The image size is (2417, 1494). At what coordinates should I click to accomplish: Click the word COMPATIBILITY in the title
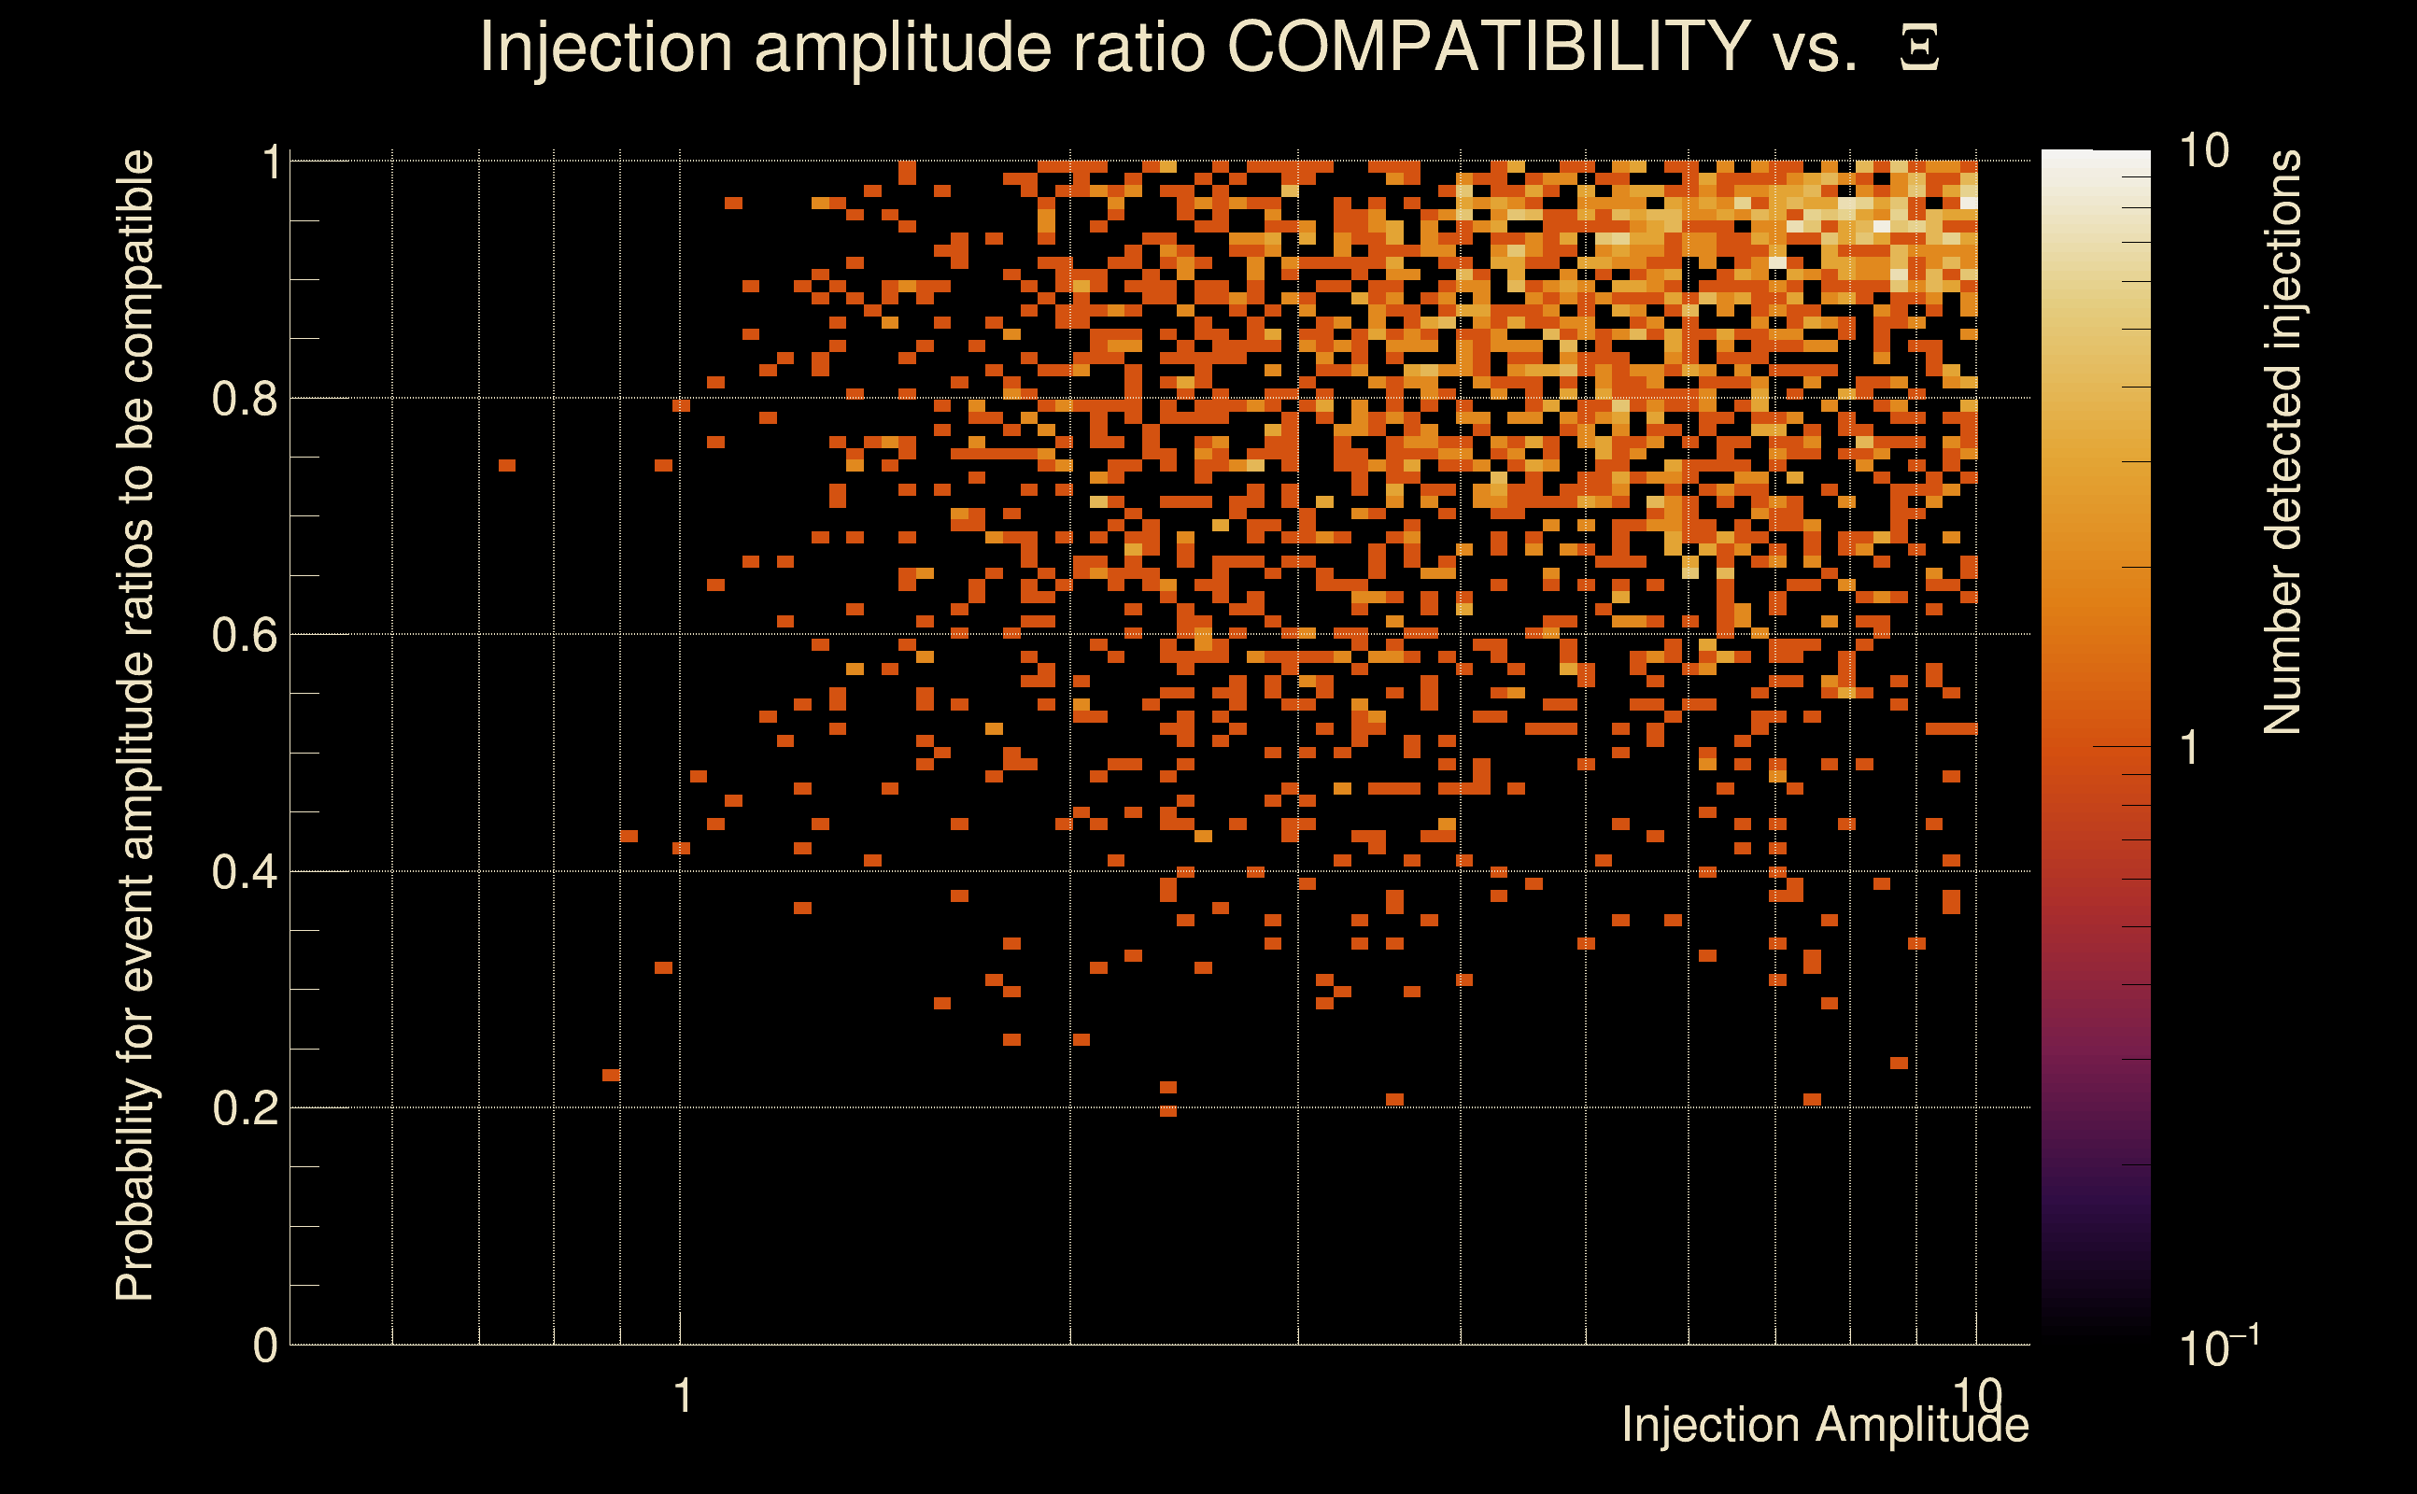pos(1488,47)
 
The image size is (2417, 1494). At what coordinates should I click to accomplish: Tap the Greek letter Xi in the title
pos(1919,48)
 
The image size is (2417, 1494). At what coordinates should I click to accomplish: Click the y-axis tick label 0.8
pos(245,400)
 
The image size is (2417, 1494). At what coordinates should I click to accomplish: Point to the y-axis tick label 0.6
pos(245,635)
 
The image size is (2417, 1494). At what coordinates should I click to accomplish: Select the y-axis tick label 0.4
pos(245,872)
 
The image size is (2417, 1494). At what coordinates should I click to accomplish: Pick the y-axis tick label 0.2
pos(245,1108)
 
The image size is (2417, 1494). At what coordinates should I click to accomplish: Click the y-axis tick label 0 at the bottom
pos(265,1346)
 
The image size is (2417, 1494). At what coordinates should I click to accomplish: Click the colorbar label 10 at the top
pos(2203,152)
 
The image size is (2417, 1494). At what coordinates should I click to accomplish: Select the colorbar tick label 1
pos(2190,748)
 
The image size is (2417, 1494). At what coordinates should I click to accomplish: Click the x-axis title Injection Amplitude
pos(1825,1425)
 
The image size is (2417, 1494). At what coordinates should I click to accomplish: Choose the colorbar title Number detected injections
pos(2283,442)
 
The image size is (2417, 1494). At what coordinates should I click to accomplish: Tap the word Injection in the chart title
pos(606,47)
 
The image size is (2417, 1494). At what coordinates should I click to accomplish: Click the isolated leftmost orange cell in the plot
pos(507,465)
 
